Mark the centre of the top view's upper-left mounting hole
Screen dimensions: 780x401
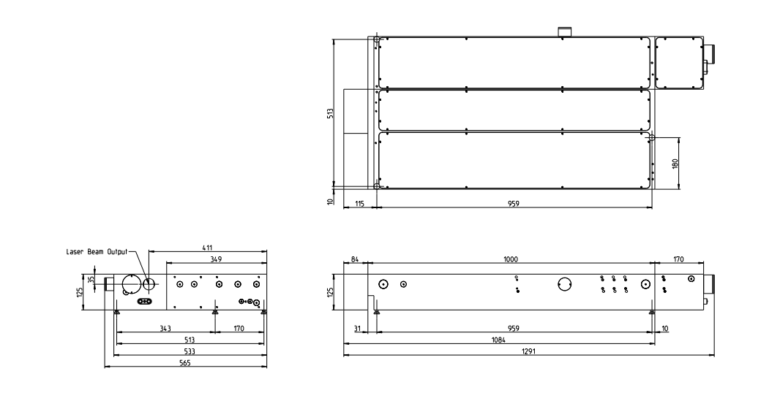coord(377,39)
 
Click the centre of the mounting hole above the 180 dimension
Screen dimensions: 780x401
coord(652,137)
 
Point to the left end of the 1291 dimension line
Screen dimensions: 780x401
coord(344,355)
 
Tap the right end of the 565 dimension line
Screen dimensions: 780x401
coord(266,367)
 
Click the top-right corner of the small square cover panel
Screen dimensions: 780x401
coord(702,37)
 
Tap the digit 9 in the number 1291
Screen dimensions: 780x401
coord(531,351)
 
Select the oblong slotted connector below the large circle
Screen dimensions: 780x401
coord(144,301)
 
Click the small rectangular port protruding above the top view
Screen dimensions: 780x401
coord(564,31)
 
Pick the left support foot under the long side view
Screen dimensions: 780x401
coord(376,312)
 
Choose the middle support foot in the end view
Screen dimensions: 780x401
coord(214,312)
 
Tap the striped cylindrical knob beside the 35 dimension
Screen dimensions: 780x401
coord(108,284)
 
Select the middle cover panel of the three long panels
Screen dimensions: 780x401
coord(514,110)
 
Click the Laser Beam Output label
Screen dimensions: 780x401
coord(97,251)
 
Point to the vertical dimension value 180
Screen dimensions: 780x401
coord(675,163)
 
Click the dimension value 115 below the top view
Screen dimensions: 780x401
coord(360,204)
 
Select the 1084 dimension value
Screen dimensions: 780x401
coord(498,340)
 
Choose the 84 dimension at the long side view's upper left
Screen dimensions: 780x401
coord(355,259)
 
